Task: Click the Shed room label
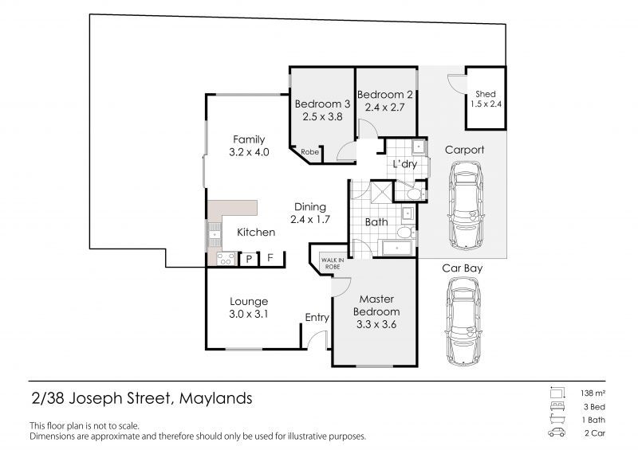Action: coord(486,94)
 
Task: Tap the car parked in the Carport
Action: coord(466,205)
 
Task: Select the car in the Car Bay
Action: coord(464,322)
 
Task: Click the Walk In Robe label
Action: coord(333,264)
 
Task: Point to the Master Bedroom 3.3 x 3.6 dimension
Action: coord(376,324)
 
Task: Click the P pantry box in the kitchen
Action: coord(249,260)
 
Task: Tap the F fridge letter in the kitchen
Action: coord(270,258)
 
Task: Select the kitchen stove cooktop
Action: coord(226,259)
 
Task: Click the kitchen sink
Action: coord(215,234)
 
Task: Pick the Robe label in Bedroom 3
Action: coord(309,152)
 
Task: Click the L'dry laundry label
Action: coord(405,164)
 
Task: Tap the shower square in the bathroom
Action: coord(381,191)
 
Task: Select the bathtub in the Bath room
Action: coord(396,248)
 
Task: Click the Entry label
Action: coord(317,318)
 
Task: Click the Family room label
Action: coord(249,139)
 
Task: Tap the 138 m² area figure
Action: coord(593,393)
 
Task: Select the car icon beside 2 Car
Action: coord(557,432)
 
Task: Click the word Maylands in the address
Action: coord(215,398)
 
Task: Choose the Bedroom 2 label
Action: coord(385,95)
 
